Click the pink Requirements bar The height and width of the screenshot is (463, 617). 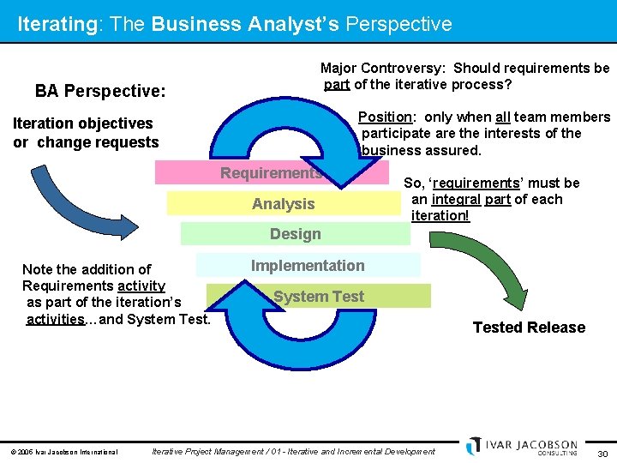(x=271, y=173)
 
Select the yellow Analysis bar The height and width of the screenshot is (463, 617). (x=283, y=204)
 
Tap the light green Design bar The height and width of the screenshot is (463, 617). (x=295, y=234)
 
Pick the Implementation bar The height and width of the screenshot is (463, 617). (x=308, y=266)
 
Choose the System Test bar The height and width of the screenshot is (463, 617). (x=319, y=297)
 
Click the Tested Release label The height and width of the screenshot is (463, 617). (x=529, y=328)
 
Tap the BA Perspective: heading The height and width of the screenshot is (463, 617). (x=100, y=91)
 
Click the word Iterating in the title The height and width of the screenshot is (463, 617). (x=57, y=24)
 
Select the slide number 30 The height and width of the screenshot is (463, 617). (x=602, y=453)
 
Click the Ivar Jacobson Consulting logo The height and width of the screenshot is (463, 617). (x=522, y=447)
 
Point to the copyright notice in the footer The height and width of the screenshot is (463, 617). (x=63, y=452)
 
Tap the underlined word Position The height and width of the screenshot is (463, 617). (x=385, y=117)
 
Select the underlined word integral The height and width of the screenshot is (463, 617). (x=456, y=200)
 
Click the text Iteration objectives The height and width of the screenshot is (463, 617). (x=82, y=123)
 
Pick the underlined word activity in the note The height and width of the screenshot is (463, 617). (x=141, y=286)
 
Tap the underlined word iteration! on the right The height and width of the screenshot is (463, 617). (x=440, y=216)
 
